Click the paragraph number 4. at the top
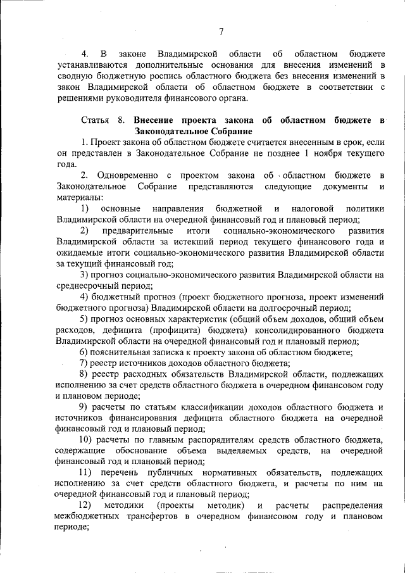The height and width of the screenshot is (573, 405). coord(84,53)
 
